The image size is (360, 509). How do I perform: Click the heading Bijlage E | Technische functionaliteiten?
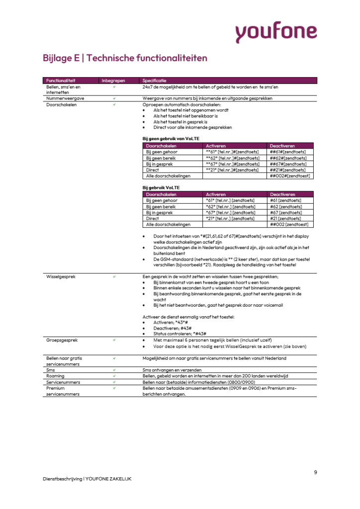[125, 58]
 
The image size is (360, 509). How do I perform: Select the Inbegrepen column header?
[113, 81]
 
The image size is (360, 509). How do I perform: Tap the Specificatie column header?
[154, 81]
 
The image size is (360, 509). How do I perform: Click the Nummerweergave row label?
[65, 98]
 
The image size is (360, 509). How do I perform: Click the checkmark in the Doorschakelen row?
[114, 105]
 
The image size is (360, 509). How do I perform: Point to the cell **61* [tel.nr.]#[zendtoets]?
[232, 152]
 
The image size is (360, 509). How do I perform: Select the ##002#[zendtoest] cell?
[290, 176]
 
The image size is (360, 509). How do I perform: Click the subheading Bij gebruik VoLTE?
[161, 187]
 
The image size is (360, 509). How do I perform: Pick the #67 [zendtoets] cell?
[285, 212]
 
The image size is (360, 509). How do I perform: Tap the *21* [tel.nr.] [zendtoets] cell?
[230, 218]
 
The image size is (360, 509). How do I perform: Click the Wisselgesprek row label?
[61, 276]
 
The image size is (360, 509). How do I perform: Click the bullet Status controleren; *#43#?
[179, 333]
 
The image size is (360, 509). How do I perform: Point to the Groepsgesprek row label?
[61, 340]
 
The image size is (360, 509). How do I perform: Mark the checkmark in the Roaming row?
[114, 376]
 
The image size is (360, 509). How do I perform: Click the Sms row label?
[50, 370]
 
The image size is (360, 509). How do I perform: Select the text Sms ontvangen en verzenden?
[172, 370]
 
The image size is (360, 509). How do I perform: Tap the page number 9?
[315, 472]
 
